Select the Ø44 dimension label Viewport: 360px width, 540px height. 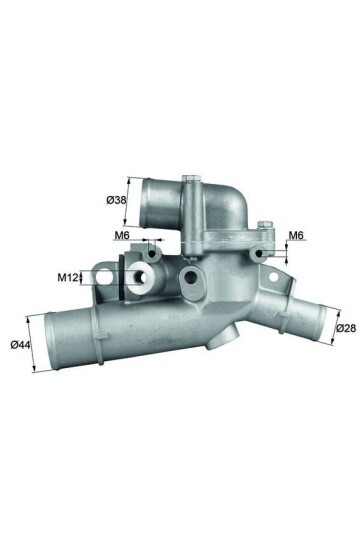pos(17,347)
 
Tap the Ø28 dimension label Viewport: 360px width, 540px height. pos(345,327)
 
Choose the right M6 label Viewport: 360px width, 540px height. pos(295,236)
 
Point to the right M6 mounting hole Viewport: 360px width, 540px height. pos(263,255)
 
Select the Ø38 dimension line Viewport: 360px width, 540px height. pos(129,201)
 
